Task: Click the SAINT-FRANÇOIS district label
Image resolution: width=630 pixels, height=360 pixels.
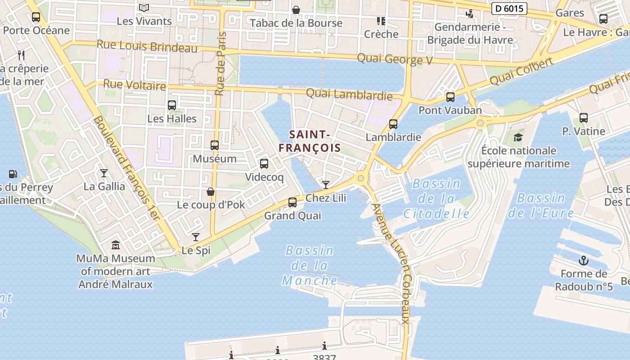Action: (310, 141)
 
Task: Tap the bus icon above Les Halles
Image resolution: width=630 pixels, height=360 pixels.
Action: (172, 105)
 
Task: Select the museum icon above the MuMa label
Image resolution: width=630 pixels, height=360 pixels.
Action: (116, 245)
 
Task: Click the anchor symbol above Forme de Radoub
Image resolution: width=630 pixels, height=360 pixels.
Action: (584, 261)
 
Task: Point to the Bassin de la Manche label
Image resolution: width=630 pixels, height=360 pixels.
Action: (310, 265)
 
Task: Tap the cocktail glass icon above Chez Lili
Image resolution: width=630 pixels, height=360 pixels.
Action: (325, 185)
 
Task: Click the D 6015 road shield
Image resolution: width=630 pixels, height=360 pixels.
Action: (509, 9)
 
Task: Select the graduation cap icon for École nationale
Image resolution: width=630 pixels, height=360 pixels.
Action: (518, 137)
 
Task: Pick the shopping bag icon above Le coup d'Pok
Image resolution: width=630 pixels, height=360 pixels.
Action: (210, 192)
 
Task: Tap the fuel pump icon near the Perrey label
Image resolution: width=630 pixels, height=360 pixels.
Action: (13, 174)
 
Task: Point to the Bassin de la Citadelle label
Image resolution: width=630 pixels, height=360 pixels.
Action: (436, 198)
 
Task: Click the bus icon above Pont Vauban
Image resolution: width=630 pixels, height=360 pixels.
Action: (450, 97)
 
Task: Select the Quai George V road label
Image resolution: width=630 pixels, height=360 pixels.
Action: (394, 59)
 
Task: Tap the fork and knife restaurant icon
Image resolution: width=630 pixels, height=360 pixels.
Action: (21, 55)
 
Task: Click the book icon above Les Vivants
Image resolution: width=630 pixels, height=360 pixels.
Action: (144, 8)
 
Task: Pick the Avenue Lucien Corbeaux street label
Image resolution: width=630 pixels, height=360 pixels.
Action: (391, 263)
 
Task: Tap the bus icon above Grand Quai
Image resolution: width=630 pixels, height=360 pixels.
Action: (292, 202)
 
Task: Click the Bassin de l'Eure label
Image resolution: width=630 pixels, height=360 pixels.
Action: (541, 205)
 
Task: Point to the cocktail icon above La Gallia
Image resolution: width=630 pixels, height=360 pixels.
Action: (104, 173)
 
